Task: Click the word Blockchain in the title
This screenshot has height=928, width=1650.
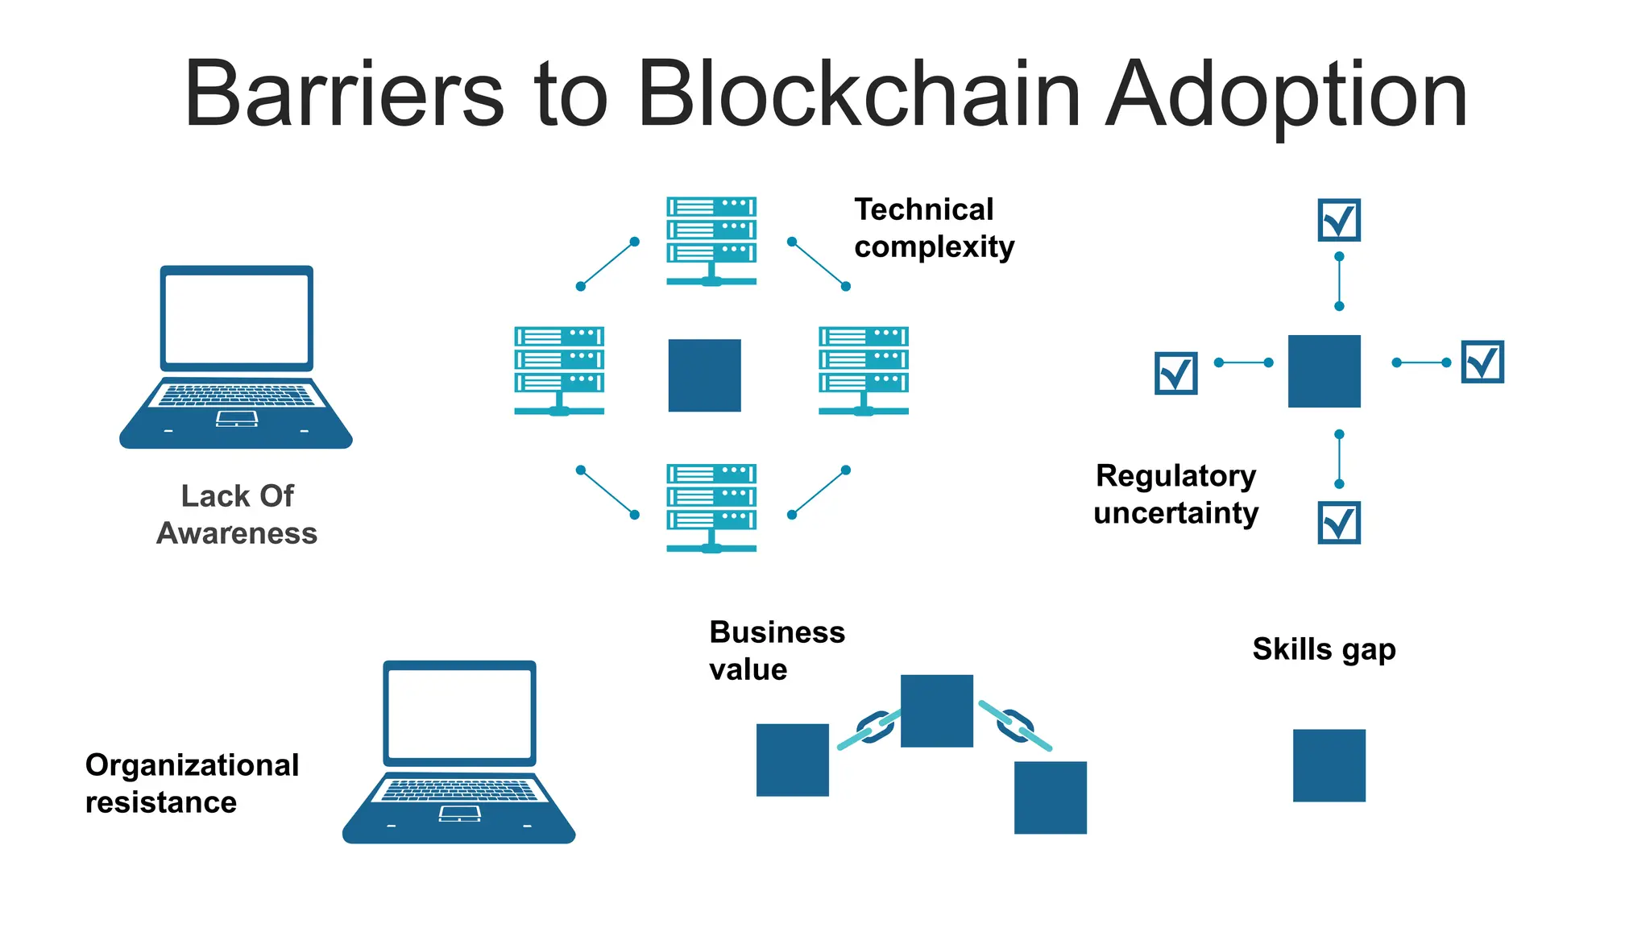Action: [x=858, y=95]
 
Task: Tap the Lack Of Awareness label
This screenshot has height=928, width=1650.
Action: [x=237, y=514]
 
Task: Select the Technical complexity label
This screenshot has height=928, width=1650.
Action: [x=933, y=228]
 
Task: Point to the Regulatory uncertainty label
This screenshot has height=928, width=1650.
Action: [x=1175, y=494]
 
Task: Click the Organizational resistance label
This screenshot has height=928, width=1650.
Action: [x=192, y=783]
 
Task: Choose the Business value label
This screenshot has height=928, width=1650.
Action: [x=776, y=650]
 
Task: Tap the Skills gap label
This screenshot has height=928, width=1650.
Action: [x=1324, y=649]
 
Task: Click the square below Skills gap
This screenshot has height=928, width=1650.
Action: [x=1329, y=765]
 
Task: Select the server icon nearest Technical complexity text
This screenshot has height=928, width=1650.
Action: [x=711, y=240]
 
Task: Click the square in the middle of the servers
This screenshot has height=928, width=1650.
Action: [x=704, y=375]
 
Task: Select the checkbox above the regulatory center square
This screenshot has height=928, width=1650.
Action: [x=1339, y=220]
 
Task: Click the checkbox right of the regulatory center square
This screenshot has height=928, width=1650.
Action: [x=1482, y=362]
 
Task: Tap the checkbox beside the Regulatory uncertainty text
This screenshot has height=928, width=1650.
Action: [x=1339, y=523]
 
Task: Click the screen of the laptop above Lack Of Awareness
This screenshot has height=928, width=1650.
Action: [x=236, y=318]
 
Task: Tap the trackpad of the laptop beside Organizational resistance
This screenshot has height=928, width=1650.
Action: [x=459, y=814]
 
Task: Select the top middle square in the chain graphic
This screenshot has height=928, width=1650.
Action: [x=936, y=710]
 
